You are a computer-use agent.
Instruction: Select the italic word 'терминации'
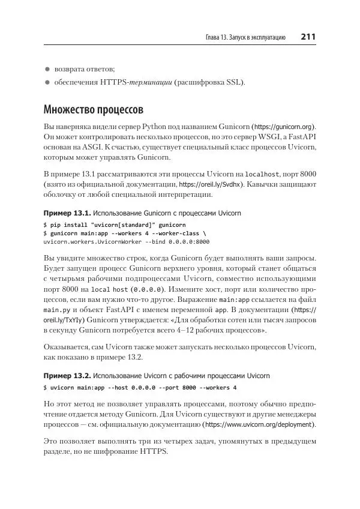(151, 82)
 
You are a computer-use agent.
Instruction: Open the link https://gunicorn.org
(284, 128)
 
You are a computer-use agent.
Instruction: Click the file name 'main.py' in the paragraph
(55, 310)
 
